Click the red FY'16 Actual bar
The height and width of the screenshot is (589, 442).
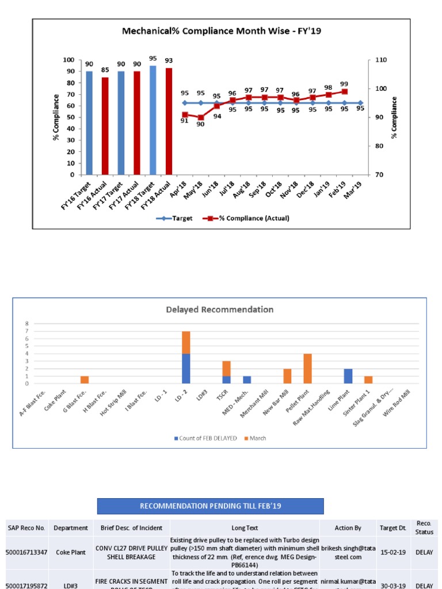105,126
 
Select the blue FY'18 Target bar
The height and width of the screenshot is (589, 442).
153,120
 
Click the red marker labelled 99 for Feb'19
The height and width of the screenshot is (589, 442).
344,91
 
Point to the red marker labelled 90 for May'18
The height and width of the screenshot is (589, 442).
200,117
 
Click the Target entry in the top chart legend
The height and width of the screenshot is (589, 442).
175,219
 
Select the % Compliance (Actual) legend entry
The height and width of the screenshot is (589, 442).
251,219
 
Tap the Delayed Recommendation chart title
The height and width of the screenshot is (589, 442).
219,309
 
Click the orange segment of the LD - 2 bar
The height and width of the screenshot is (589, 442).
186,342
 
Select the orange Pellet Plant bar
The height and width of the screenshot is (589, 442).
307,369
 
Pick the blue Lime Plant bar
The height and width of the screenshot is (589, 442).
348,376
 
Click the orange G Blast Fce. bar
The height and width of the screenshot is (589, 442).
85,380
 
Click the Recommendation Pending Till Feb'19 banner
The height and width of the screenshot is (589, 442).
210,506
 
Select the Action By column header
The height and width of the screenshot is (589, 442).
348,527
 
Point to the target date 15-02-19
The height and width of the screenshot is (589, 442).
393,552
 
